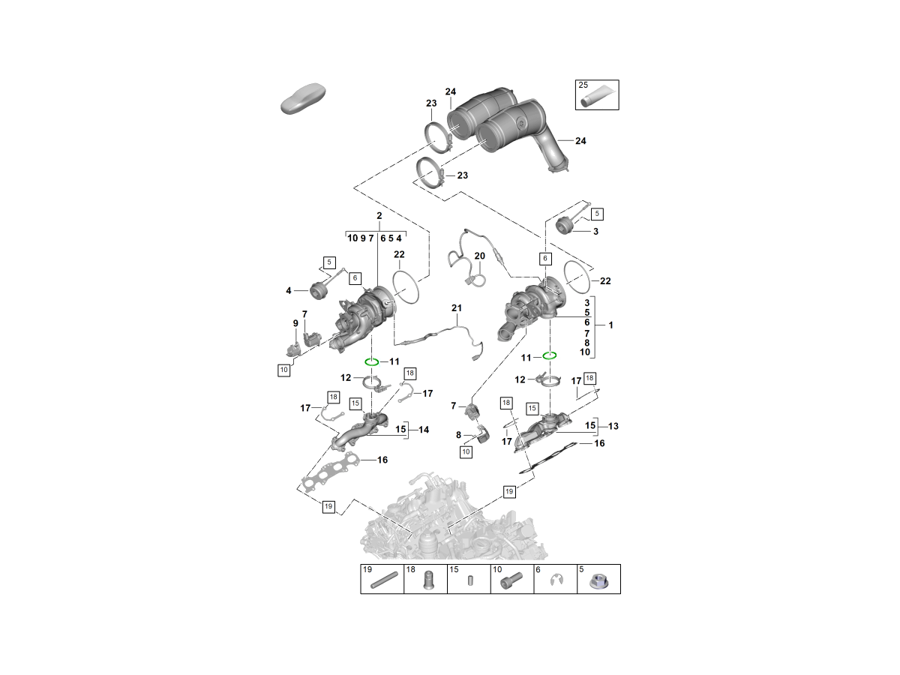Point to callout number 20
click(x=480, y=256)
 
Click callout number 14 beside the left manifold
click(x=424, y=430)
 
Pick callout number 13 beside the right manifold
click(x=613, y=426)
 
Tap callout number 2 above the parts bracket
click(x=379, y=216)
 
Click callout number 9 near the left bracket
click(x=295, y=323)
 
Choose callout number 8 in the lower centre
click(x=459, y=434)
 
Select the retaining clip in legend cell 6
click(x=556, y=581)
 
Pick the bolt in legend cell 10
click(x=512, y=582)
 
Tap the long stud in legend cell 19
click(x=382, y=581)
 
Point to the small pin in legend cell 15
click(x=469, y=581)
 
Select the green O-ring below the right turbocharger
click(x=550, y=355)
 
